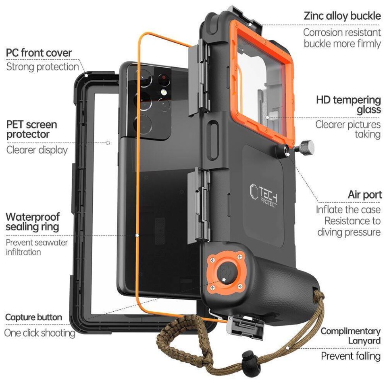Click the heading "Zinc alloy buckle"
coord(342,16)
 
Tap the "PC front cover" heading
coord(39,53)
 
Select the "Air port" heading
coord(365,195)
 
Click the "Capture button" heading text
coord(33,317)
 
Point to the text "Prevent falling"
coord(351,356)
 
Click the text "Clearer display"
coord(37,150)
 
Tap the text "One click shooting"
coord(40,333)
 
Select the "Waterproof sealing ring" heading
coord(33,222)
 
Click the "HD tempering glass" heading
coord(348,105)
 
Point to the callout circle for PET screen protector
coord(108,143)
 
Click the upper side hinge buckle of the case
coord(198,78)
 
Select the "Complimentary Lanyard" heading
coord(350,336)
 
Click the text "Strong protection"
coord(42,67)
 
